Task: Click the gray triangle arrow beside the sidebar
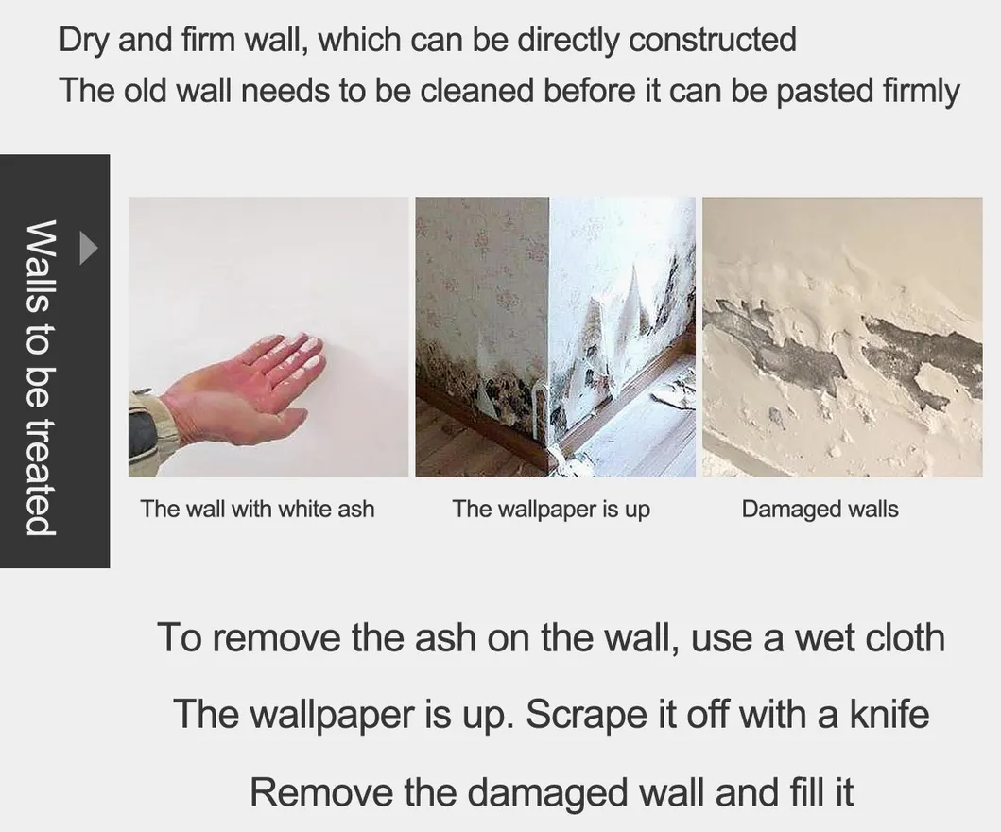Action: tap(88, 247)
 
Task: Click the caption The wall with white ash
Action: tap(257, 509)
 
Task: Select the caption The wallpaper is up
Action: tap(551, 509)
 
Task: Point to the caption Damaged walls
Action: tap(820, 509)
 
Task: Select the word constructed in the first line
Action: tap(713, 40)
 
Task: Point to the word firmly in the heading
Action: tap(922, 92)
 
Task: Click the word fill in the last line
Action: tap(805, 791)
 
